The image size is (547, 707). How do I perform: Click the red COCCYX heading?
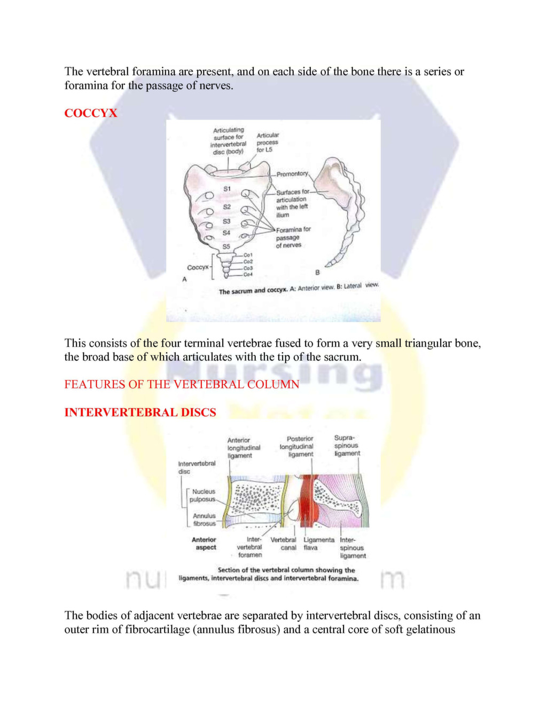[90, 113]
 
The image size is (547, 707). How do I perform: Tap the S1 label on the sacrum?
[227, 189]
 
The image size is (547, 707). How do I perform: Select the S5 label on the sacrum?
[226, 247]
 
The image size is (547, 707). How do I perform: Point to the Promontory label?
[292, 174]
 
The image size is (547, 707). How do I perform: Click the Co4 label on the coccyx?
[248, 275]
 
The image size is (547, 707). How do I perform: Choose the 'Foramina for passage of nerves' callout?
[292, 237]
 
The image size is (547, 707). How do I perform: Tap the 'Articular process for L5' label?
[267, 142]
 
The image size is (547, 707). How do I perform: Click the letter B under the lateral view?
[317, 273]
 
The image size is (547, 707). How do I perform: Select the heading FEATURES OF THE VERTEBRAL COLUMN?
[182, 384]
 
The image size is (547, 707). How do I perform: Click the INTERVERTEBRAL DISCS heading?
[140, 412]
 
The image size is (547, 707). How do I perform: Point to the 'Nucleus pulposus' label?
[203, 496]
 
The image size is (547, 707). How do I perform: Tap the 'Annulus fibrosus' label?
[204, 520]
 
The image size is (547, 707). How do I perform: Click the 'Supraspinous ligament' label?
[347, 446]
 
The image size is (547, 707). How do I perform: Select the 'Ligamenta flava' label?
[319, 544]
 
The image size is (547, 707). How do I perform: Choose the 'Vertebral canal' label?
[283, 544]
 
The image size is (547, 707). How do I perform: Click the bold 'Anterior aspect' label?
[204, 544]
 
